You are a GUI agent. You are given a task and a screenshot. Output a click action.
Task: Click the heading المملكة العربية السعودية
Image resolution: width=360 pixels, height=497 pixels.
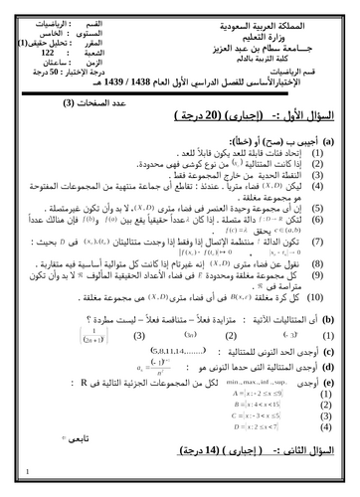click(289, 20)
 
